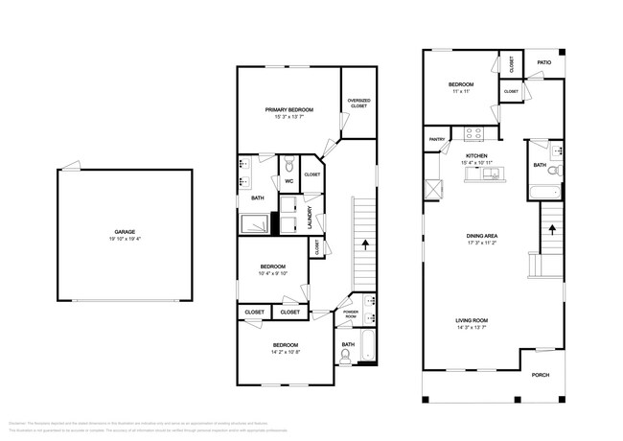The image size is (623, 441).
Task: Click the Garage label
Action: click(x=125, y=231)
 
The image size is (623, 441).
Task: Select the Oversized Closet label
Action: click(x=358, y=103)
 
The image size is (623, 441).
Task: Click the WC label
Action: click(x=288, y=181)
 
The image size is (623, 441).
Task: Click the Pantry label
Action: click(x=436, y=139)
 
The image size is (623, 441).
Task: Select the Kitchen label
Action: click(x=476, y=155)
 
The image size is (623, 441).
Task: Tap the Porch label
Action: click(x=541, y=375)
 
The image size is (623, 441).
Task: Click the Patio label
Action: click(x=543, y=63)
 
